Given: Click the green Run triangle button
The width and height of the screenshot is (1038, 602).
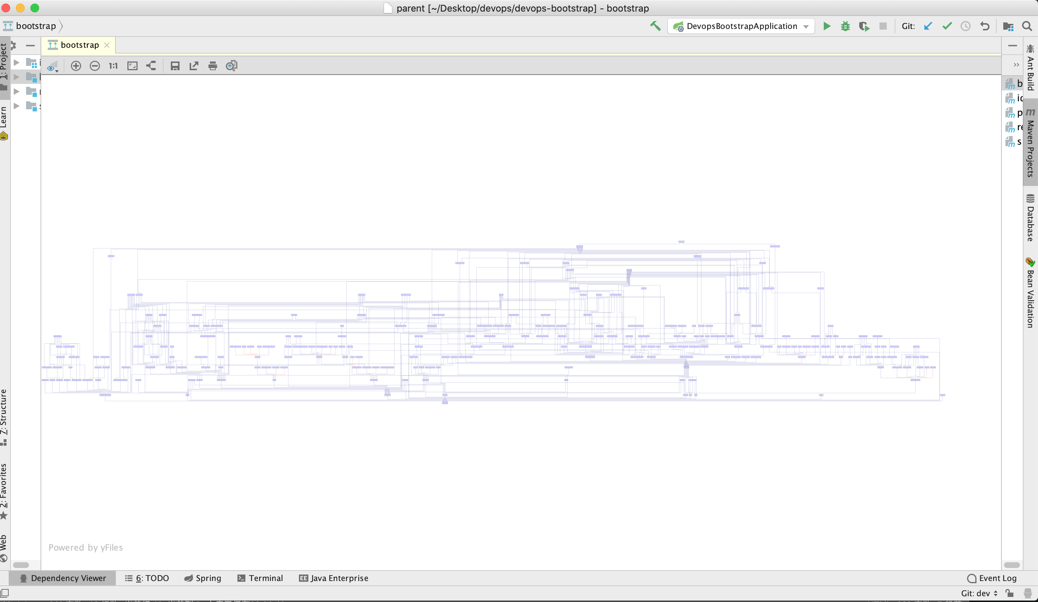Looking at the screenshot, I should [x=826, y=26].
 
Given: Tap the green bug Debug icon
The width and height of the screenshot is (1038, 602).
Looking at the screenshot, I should [x=845, y=26].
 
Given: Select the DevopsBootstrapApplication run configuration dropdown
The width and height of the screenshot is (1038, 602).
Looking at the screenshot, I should [x=741, y=26].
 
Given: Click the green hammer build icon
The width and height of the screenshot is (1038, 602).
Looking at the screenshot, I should [x=655, y=26].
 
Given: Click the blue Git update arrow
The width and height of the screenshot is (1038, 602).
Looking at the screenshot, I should [x=928, y=26].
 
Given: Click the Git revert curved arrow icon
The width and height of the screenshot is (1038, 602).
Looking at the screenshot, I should [x=984, y=26].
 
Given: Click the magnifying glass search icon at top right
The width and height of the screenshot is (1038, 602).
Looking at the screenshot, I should [x=1027, y=26].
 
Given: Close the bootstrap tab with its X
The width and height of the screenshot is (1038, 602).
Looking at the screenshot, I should [x=107, y=45].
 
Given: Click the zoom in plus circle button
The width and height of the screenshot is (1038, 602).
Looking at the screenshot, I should [x=76, y=66].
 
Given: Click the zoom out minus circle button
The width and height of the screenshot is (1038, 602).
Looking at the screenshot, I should [x=95, y=66].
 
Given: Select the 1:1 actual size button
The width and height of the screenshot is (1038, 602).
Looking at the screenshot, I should [x=113, y=66].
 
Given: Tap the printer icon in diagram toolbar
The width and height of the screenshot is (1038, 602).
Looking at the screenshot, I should [x=212, y=66].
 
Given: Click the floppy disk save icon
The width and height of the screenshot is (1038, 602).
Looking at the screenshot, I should [x=175, y=66].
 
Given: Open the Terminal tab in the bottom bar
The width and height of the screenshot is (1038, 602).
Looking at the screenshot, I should [x=260, y=578].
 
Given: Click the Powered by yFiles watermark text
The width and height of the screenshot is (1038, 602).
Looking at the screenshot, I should [x=86, y=547].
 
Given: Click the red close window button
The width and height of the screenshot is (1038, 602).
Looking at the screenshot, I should [x=6, y=8].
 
